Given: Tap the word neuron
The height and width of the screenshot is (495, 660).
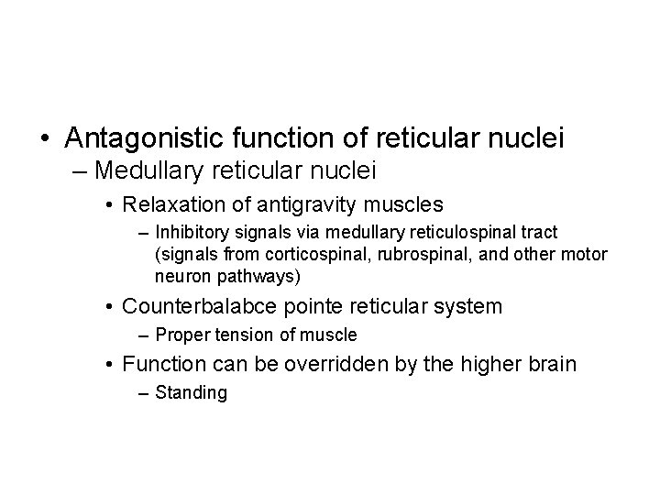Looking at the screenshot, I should click(x=180, y=275).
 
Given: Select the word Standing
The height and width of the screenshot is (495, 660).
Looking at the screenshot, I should click(x=191, y=394).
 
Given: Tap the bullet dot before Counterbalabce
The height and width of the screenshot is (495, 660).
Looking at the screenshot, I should click(x=109, y=306).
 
